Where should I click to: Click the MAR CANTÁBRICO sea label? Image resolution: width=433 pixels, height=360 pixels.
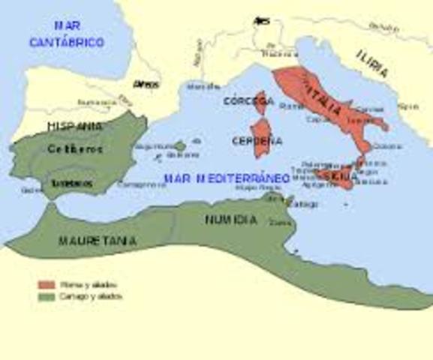(x=66, y=35)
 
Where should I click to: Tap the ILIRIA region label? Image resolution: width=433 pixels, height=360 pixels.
(x=373, y=64)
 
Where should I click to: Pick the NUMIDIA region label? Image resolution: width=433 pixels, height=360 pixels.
(x=230, y=220)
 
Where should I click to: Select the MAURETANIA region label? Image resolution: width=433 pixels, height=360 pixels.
(x=98, y=241)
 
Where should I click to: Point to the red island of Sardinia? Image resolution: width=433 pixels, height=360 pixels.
(x=260, y=141)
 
